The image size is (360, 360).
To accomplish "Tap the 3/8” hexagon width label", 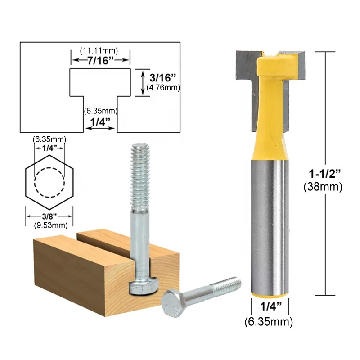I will tap(48, 215).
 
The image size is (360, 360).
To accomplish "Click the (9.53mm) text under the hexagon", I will tap(48, 224).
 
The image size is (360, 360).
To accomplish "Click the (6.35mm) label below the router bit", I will tap(269, 322).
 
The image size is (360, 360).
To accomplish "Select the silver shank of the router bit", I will tap(269, 225).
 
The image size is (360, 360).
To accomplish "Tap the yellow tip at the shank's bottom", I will tap(269, 294).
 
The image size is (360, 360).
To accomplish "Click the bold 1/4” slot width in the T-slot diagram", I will tap(100, 122).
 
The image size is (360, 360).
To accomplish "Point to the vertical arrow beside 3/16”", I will tap(143, 82).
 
